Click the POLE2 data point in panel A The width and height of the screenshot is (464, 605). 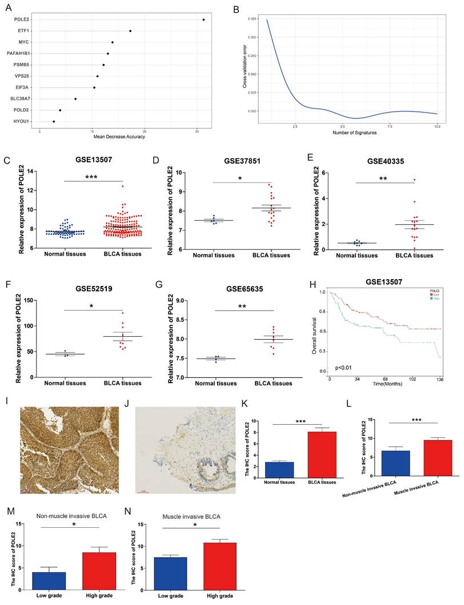click(x=203, y=19)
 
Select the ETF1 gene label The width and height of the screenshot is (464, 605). click(x=23, y=31)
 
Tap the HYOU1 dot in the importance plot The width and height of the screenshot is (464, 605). click(x=54, y=121)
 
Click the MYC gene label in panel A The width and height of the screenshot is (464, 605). click(x=24, y=42)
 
